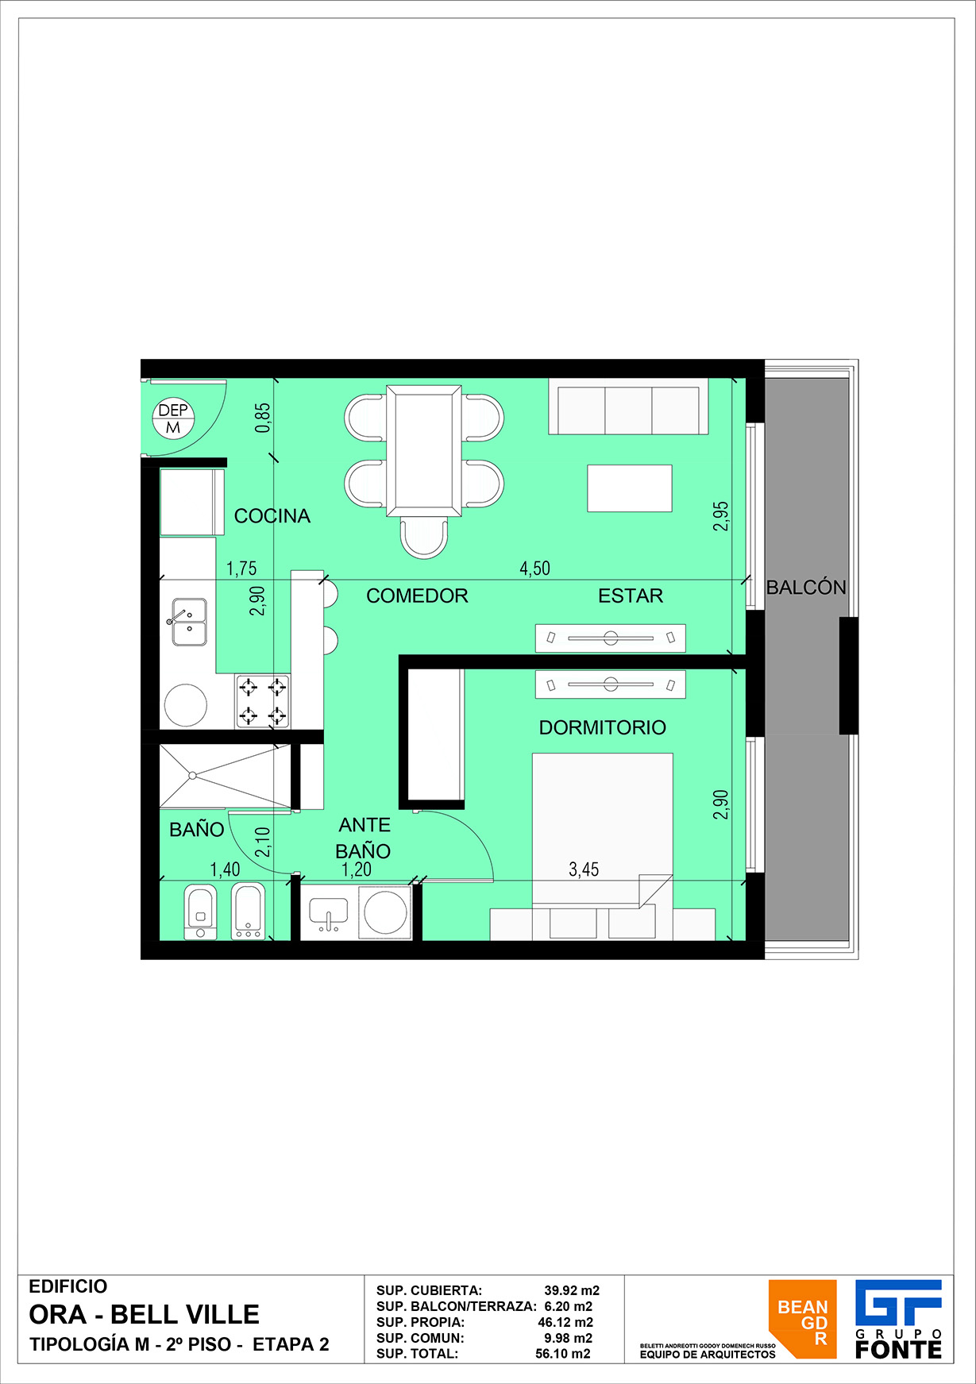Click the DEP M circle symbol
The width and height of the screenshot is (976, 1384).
coord(173,418)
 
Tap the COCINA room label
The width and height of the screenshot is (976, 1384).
coord(272,516)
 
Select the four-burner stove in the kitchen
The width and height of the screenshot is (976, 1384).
coord(263,701)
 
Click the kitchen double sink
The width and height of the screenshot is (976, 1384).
coord(189,622)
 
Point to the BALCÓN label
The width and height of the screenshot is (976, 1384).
coord(806,587)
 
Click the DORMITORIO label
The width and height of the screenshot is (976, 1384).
coord(603,727)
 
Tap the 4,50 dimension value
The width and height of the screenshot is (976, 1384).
coord(534,569)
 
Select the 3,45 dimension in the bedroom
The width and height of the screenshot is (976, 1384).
coord(584,869)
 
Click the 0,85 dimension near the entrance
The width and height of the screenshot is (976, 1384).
coord(263,418)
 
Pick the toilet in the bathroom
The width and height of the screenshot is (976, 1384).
coord(200,911)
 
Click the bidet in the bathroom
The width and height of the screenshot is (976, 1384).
coord(249,911)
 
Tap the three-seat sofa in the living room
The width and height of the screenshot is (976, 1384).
coord(628,407)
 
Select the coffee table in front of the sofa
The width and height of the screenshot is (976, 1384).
coord(630,488)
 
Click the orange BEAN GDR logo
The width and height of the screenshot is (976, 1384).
coord(802,1319)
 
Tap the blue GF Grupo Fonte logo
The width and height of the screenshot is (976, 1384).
coord(898,1319)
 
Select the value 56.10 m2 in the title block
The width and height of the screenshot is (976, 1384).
coord(563,1354)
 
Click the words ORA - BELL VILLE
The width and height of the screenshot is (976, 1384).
coord(145,1315)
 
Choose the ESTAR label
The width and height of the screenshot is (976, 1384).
coord(631,596)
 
